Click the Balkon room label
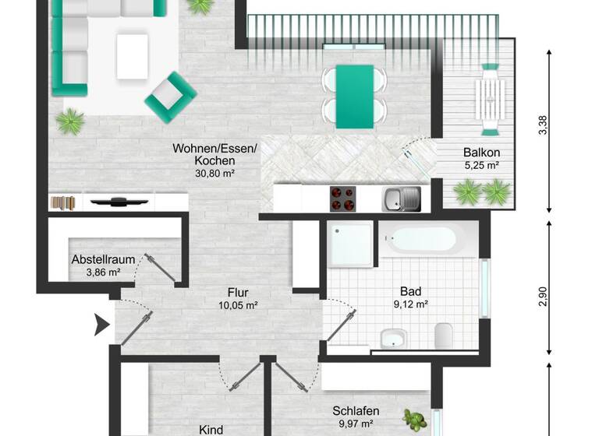click(x=480, y=153)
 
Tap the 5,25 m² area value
click(x=480, y=165)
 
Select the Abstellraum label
click(x=104, y=260)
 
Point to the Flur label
click(x=238, y=292)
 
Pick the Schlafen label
click(x=356, y=411)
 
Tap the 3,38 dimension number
click(x=543, y=126)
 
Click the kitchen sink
click(x=401, y=199)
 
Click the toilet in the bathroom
click(x=445, y=335)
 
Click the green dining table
click(x=354, y=96)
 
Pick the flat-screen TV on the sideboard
click(x=119, y=202)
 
